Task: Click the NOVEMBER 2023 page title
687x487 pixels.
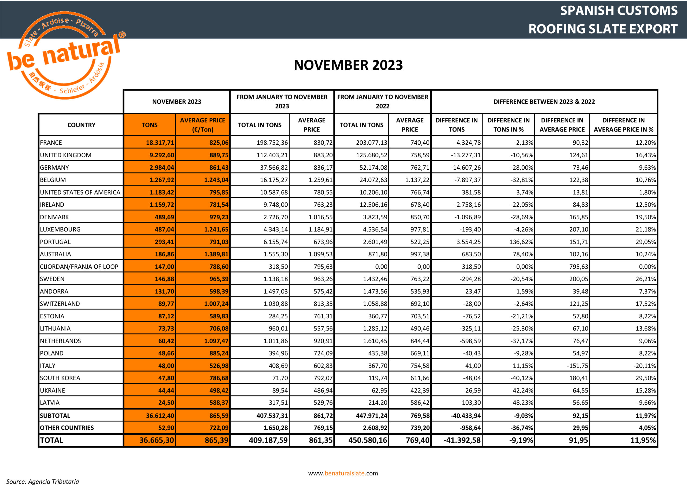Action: [x=348, y=65]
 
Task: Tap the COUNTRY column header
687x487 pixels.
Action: [x=81, y=125]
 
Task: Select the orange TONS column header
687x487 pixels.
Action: [x=149, y=125]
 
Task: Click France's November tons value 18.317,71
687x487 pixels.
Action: [x=160, y=143]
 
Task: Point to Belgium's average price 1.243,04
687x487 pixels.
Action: [x=216, y=180]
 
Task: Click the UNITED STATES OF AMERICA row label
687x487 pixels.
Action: [x=80, y=192]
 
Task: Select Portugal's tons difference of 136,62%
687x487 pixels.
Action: [x=521, y=242]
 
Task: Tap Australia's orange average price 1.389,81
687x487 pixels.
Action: [x=216, y=254]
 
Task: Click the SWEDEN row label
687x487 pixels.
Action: [x=52, y=279]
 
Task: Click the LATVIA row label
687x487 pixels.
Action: [x=50, y=403]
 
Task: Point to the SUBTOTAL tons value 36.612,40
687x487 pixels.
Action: [x=160, y=416]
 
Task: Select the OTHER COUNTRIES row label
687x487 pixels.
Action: [x=67, y=428]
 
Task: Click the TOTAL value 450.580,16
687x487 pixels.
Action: [x=367, y=441]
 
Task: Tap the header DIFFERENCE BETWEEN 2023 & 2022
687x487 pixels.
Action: [x=544, y=102]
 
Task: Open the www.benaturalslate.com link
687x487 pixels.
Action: [x=343, y=473]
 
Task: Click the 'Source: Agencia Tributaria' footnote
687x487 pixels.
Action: [x=43, y=482]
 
